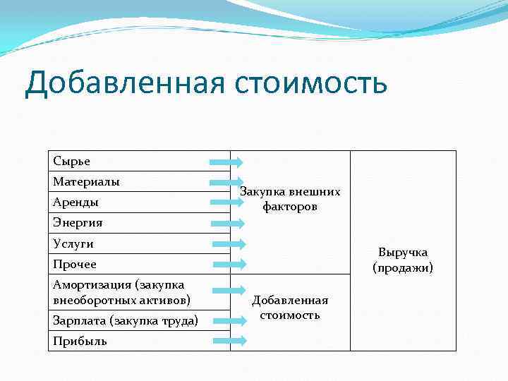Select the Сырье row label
pyautogui.click(x=72, y=161)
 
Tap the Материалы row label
pyautogui.click(x=86, y=182)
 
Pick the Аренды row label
pyautogui.click(x=75, y=202)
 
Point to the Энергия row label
pyautogui.click(x=78, y=223)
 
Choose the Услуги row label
pyautogui.click(x=73, y=243)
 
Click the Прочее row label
pyautogui.click(x=75, y=264)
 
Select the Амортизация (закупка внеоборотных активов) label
pyautogui.click(x=121, y=291)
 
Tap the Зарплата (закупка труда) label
pyautogui.click(x=125, y=320)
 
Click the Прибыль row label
pyautogui.click(x=80, y=341)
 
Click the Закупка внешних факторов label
pyautogui.click(x=290, y=199)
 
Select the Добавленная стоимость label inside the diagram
pyautogui.click(x=290, y=308)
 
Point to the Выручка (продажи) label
pyautogui.click(x=403, y=260)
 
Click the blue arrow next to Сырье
pyautogui.click(x=226, y=162)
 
